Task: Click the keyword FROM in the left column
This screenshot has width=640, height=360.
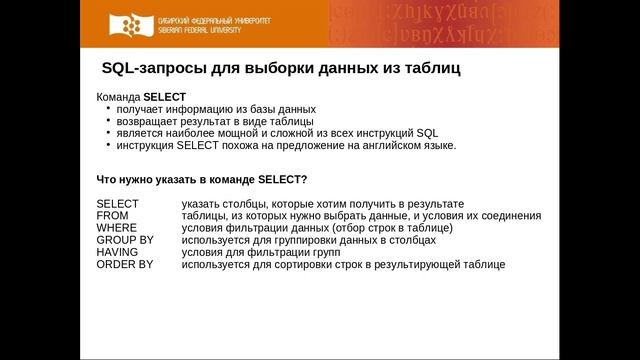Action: [112, 215]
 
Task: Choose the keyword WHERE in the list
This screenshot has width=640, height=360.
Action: [116, 227]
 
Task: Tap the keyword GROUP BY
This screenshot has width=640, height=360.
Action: [124, 240]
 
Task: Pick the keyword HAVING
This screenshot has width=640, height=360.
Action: [117, 252]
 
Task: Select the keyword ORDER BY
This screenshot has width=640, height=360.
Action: [124, 265]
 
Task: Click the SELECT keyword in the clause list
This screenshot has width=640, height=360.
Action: [117, 203]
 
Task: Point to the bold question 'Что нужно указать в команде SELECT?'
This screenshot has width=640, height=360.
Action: [201, 179]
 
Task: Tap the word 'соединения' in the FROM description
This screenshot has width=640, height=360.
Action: [510, 215]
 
